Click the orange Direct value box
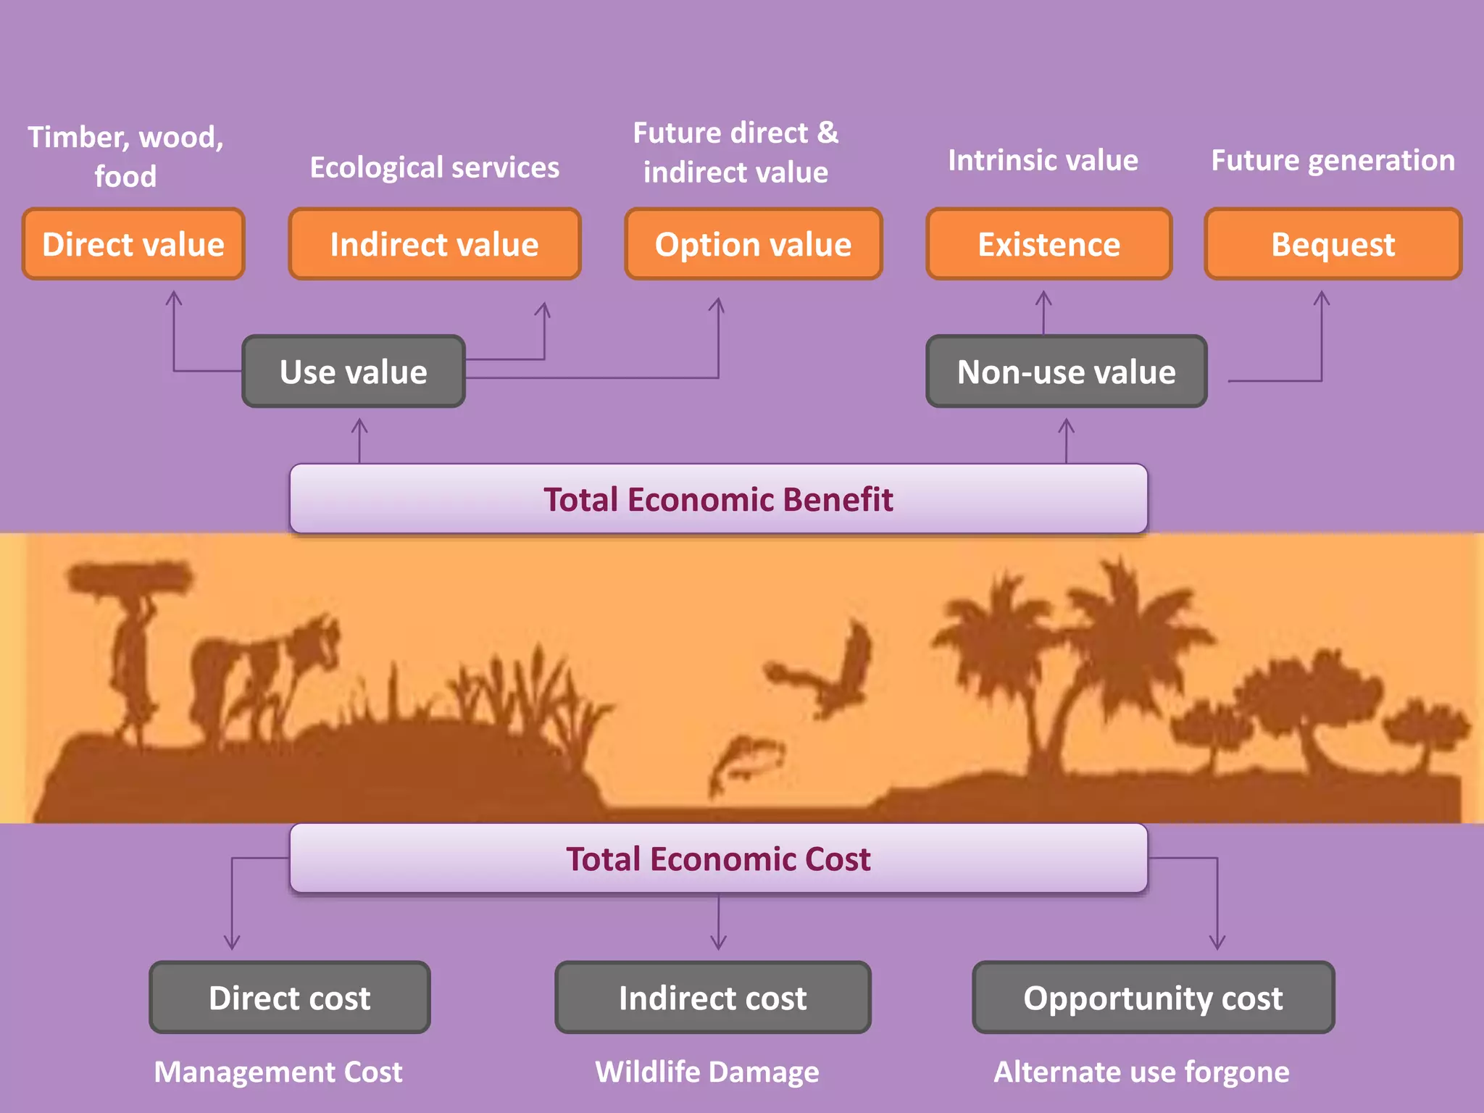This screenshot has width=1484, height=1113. coord(133,244)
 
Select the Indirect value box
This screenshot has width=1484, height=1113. coord(435,244)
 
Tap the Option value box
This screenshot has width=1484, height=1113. coord(754,244)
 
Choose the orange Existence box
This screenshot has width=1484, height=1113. coord(1049,244)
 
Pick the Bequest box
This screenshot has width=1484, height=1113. coord(1333,244)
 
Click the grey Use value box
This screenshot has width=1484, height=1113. coord(354,372)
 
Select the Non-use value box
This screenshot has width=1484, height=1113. coord(1066,372)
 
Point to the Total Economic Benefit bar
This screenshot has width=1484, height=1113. coord(718,499)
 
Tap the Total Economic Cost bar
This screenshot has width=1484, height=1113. coord(718,859)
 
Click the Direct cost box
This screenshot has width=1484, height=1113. coord(290,998)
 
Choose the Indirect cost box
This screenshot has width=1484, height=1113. coord(713,998)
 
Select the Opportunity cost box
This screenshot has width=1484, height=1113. coord(1153,998)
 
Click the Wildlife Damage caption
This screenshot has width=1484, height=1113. coord(707,1072)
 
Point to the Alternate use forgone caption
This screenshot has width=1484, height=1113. coord(1141,1072)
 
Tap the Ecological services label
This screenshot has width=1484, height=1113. coord(435,167)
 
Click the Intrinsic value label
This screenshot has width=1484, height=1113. coord(1043,160)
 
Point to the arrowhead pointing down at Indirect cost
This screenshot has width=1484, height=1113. coord(718,942)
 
